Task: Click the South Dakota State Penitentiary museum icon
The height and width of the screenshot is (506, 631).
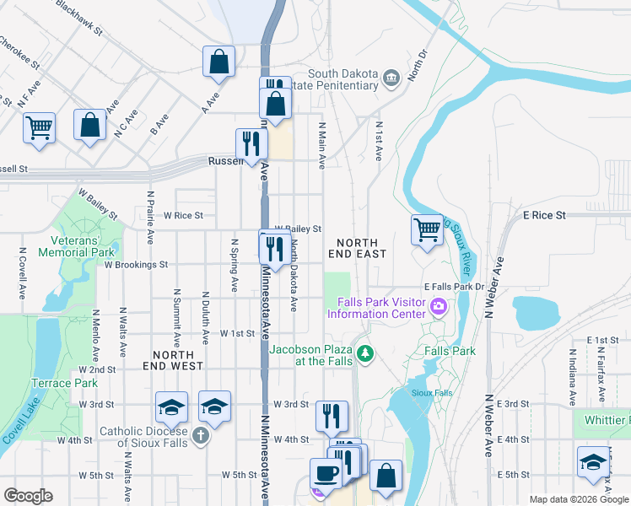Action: (x=391, y=79)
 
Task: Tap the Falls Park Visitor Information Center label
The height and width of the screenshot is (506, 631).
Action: (x=380, y=309)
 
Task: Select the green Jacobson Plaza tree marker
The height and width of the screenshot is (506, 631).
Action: (x=365, y=353)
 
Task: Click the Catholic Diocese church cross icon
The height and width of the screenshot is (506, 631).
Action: (x=198, y=435)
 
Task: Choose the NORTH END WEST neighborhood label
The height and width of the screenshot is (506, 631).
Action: (x=165, y=361)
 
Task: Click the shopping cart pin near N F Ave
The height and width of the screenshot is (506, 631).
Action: (x=39, y=128)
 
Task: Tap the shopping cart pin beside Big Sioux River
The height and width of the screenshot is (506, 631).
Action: (x=428, y=229)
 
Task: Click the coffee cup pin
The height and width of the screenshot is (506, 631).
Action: (x=326, y=473)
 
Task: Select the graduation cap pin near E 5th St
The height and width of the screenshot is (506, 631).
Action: (x=593, y=461)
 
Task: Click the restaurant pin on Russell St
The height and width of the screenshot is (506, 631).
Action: (x=251, y=143)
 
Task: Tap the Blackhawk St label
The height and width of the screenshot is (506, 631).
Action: (x=78, y=17)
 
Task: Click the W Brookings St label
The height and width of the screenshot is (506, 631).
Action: (x=136, y=264)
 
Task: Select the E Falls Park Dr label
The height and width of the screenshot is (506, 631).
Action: (x=456, y=288)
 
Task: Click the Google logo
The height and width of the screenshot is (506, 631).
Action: (x=28, y=496)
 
